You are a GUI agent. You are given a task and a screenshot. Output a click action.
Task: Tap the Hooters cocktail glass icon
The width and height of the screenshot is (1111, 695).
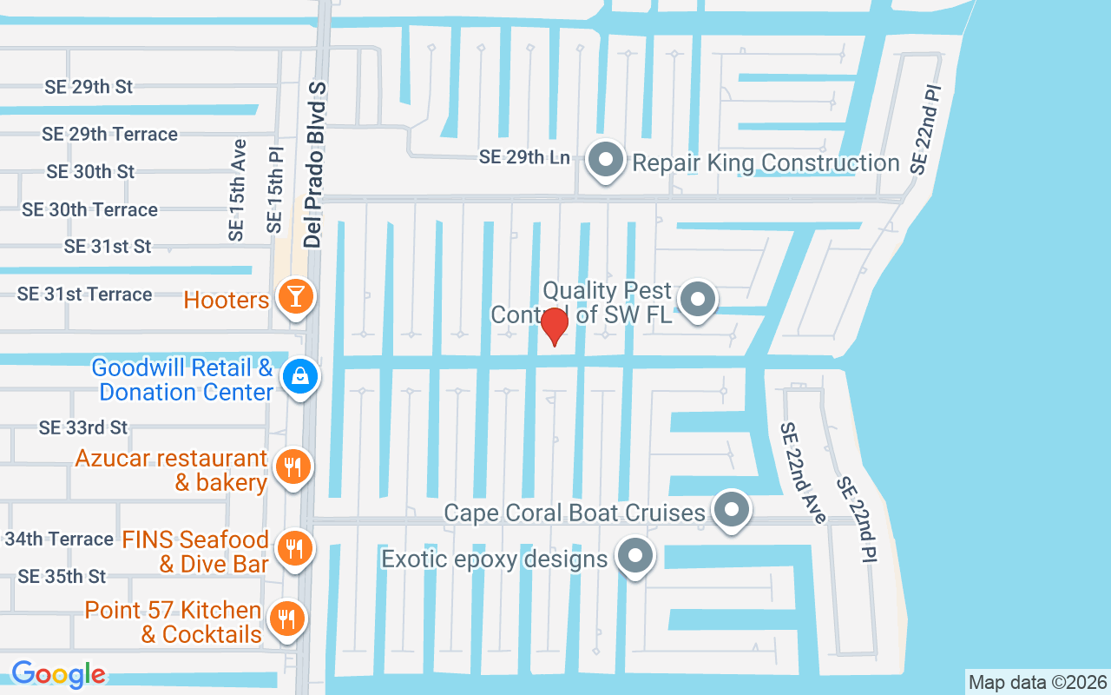tap(295, 297)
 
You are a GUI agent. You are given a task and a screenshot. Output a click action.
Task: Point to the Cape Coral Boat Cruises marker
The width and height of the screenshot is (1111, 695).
tap(732, 510)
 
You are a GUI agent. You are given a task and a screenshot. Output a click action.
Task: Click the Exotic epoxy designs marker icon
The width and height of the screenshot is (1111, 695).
tap(636, 554)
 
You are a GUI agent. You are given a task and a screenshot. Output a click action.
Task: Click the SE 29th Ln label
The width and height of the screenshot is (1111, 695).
tap(524, 157)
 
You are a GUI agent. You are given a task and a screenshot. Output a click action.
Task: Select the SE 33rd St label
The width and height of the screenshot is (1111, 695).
tap(83, 427)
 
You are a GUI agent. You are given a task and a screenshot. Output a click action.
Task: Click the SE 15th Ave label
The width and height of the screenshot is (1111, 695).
tap(237, 189)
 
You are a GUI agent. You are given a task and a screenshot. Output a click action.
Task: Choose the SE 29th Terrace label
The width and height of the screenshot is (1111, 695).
tap(109, 134)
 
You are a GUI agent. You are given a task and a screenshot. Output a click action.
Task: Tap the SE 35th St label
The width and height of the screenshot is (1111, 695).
tap(62, 576)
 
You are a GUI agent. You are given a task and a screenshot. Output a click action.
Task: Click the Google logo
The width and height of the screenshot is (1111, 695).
tap(58, 673)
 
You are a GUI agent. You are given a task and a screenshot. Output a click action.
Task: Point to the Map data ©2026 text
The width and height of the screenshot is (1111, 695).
tap(1038, 682)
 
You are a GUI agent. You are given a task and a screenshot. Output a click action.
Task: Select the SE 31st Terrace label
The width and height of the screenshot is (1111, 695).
tap(84, 295)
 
